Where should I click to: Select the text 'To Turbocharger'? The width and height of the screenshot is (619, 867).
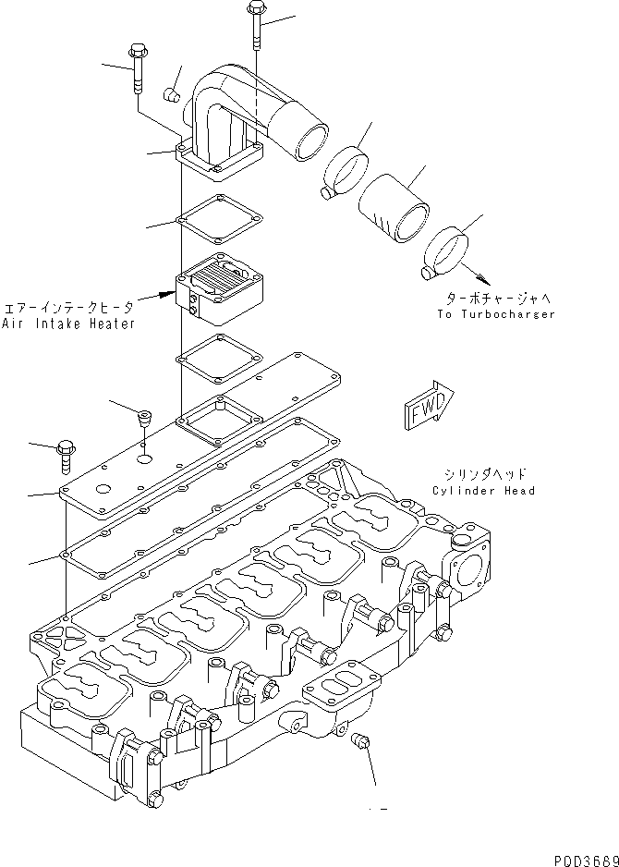point(496,314)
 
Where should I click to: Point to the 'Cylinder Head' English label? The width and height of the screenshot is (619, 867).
point(482,491)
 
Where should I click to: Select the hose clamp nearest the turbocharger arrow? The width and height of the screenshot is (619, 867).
point(446,252)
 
